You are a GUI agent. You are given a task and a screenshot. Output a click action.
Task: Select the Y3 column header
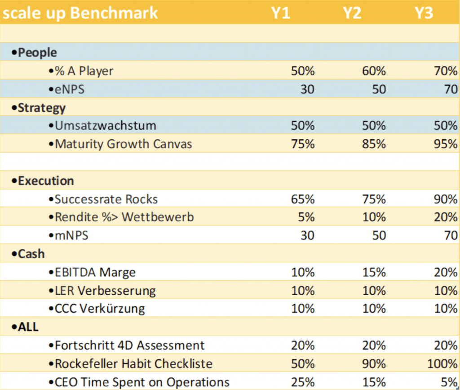tap(424, 13)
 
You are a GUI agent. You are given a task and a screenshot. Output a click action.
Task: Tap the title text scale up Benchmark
tap(80, 13)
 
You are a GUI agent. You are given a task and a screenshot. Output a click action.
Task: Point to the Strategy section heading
tap(39, 108)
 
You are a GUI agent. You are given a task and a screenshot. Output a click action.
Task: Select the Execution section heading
tap(43, 181)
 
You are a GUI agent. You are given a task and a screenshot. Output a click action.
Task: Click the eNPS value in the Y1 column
tap(307, 89)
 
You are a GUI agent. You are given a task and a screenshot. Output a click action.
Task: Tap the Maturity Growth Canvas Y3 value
tap(445, 144)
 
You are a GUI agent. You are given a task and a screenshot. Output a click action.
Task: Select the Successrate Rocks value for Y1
tap(303, 199)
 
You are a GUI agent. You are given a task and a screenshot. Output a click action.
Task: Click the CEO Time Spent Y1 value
tap(303, 382)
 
